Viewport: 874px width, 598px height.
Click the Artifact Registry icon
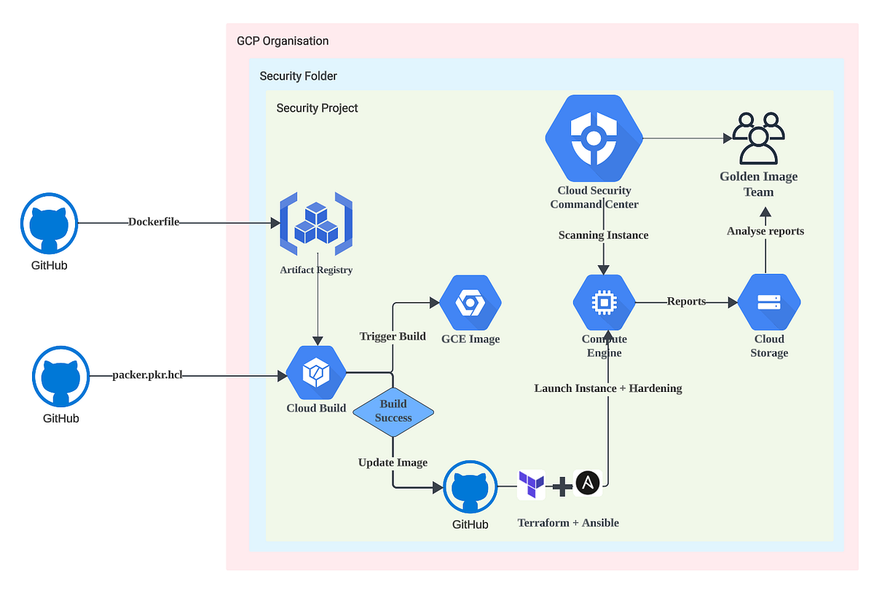coord(316,224)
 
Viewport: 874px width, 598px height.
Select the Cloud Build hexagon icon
coord(316,374)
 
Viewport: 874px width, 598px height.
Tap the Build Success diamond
coord(393,412)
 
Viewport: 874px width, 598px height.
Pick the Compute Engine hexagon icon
coord(604,302)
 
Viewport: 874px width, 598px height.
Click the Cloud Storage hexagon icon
coord(769,302)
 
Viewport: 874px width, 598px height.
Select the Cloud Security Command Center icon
coord(594,138)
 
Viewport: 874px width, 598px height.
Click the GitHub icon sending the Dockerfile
coord(49,223)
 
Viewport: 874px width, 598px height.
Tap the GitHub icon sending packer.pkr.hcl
coord(60,376)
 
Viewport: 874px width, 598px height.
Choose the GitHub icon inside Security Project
coord(471,487)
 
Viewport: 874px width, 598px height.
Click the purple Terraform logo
coord(531,484)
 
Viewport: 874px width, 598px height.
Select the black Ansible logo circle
coord(588,484)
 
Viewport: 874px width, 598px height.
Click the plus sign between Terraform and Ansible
coord(561,486)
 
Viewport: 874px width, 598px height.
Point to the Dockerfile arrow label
coord(154,222)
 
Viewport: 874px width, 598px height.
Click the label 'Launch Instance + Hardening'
coord(608,388)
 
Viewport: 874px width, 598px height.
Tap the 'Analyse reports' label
coord(765,231)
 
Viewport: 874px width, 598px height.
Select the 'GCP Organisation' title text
coord(283,41)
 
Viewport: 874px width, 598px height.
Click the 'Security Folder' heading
coord(299,76)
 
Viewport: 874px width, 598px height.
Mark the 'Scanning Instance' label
coord(603,235)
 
